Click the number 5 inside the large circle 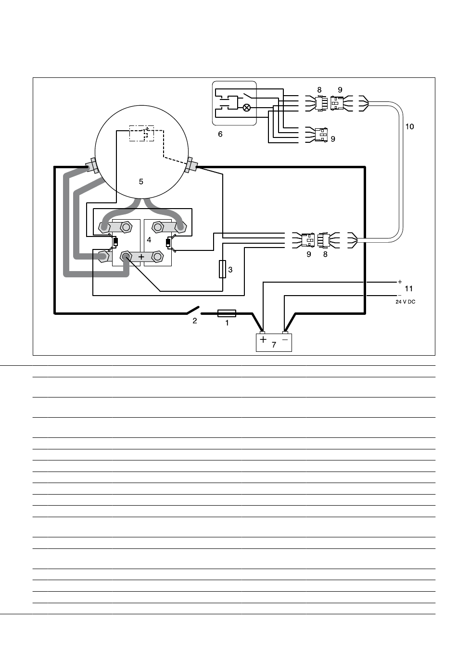pyautogui.click(x=141, y=181)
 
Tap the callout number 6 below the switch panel pyautogui.click(x=220, y=134)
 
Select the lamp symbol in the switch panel pyautogui.click(x=247, y=108)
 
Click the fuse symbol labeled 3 pyautogui.click(x=222, y=269)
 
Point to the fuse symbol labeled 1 pyautogui.click(x=227, y=313)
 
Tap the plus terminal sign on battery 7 pyautogui.click(x=263, y=339)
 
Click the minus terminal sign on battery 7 pyautogui.click(x=285, y=340)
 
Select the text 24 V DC pyautogui.click(x=406, y=302)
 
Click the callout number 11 pyautogui.click(x=409, y=288)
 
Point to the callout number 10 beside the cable pyautogui.click(x=410, y=126)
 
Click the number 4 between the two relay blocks pyautogui.click(x=149, y=240)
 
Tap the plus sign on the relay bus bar pyautogui.click(x=141, y=256)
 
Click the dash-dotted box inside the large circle pyautogui.click(x=141, y=133)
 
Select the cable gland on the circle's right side pyautogui.click(x=191, y=165)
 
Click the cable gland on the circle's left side pyautogui.click(x=93, y=165)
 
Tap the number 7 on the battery pyautogui.click(x=274, y=345)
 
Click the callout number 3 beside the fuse pyautogui.click(x=230, y=270)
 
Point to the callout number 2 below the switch pyautogui.click(x=195, y=321)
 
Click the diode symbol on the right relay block pyautogui.click(x=168, y=243)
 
